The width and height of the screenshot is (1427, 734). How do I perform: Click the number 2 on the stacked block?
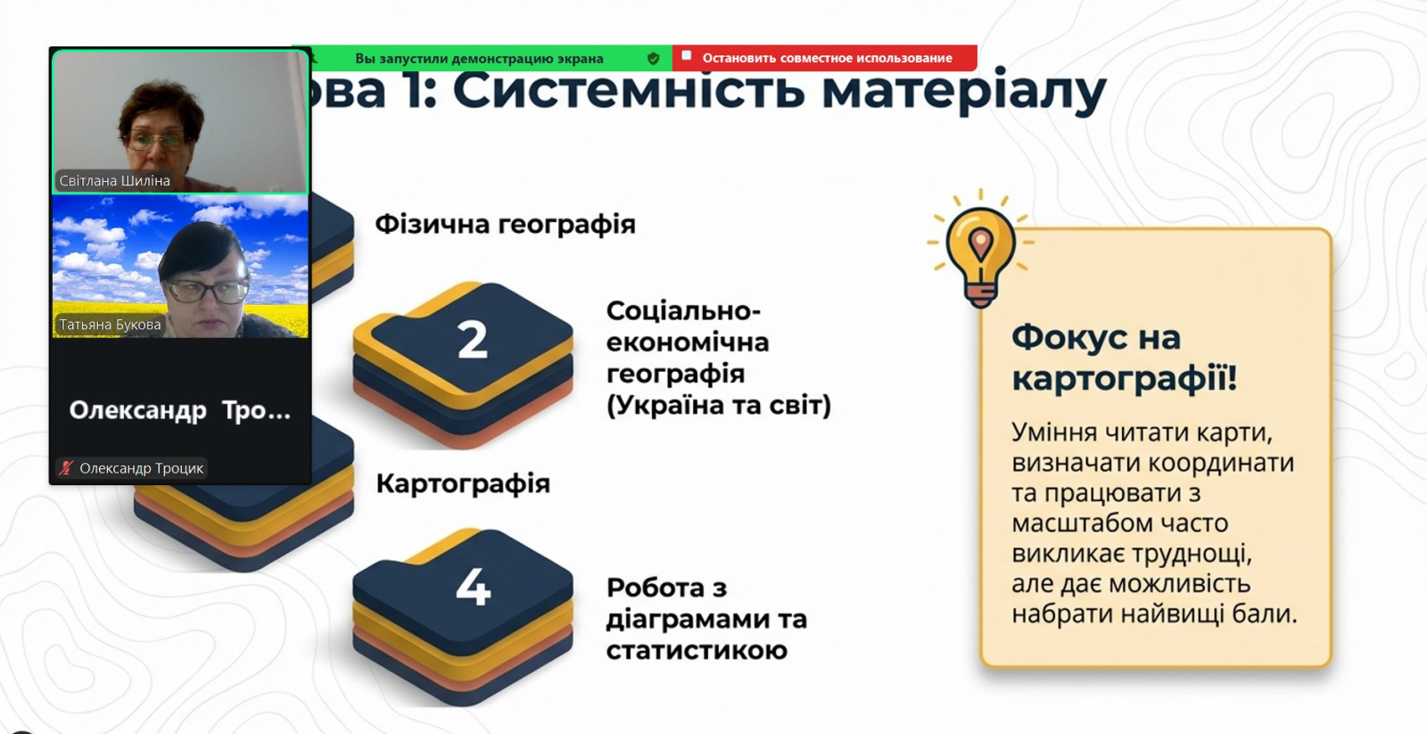[472, 340]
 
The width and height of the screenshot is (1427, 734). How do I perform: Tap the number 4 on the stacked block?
[474, 586]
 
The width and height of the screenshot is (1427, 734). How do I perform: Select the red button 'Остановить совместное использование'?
[824, 58]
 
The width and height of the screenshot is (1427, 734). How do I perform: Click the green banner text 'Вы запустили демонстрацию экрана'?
[479, 59]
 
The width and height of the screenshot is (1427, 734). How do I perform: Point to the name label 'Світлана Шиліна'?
[115, 181]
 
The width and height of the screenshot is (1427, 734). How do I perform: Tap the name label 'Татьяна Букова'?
[111, 325]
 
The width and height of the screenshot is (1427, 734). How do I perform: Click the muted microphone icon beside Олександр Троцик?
[66, 468]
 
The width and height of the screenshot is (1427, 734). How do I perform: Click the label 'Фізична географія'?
[505, 224]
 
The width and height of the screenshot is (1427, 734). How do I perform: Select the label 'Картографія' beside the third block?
[463, 483]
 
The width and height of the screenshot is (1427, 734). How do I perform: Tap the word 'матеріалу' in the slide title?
[964, 92]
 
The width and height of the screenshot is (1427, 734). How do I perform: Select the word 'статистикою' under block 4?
[697, 650]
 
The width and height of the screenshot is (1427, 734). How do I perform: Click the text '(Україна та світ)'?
[719, 405]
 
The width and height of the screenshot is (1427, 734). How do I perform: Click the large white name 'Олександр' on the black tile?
[137, 411]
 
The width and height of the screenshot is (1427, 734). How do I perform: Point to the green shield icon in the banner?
[653, 59]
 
